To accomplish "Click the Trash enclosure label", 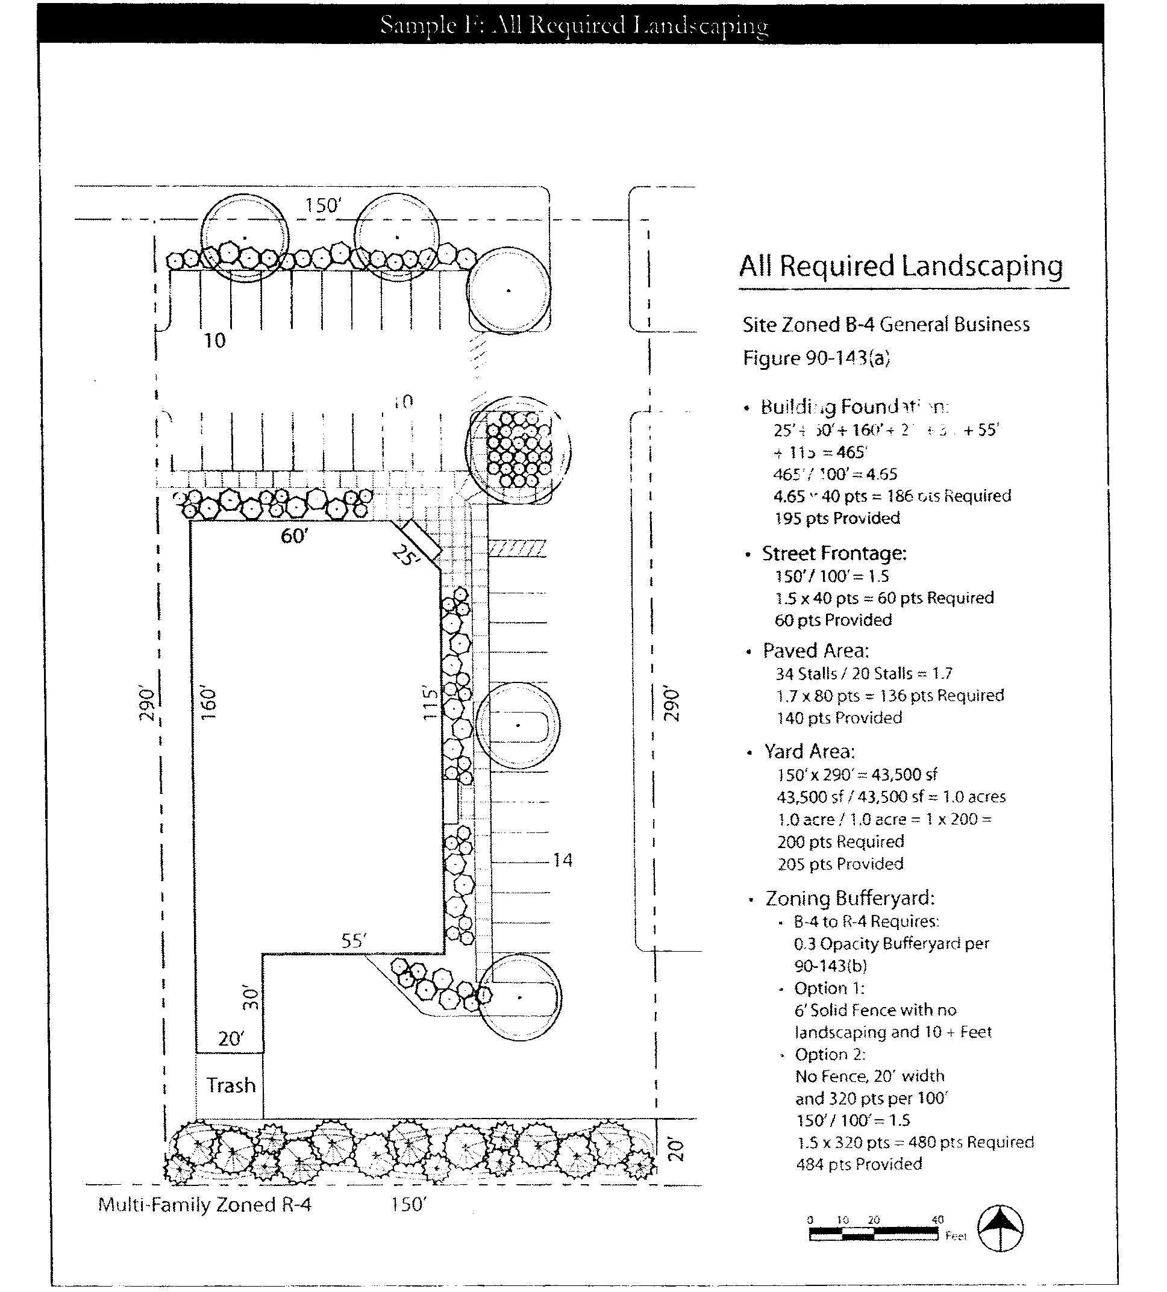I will tap(231, 1085).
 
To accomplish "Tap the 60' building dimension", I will tap(294, 535).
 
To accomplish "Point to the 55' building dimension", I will tap(354, 940).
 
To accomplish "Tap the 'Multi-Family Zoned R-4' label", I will tap(204, 1205).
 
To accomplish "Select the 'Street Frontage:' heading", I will tap(834, 553).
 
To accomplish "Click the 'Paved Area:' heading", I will tap(816, 651).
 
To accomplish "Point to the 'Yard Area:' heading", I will tap(809, 751).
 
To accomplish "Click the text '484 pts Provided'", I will tap(859, 1164).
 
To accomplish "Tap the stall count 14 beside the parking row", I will tap(563, 860).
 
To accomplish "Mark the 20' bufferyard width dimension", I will tap(676, 1150).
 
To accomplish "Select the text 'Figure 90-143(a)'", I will tap(816, 358).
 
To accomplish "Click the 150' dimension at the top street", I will tap(323, 206).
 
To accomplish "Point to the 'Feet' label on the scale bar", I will tap(956, 1236).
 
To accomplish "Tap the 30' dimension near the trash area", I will tap(251, 998).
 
